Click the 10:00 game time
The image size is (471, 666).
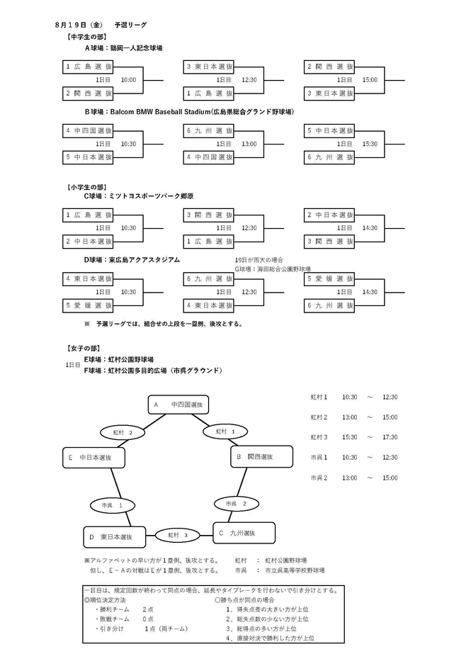tap(128, 80)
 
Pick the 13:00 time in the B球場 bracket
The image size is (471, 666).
tap(249, 144)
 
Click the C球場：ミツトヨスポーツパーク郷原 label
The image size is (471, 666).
tap(139, 196)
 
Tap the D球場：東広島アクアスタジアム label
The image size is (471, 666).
tap(132, 259)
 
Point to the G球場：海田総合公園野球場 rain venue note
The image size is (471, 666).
tap(273, 269)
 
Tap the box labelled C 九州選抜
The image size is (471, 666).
tap(244, 533)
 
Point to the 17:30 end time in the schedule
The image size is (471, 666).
tap(390, 437)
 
